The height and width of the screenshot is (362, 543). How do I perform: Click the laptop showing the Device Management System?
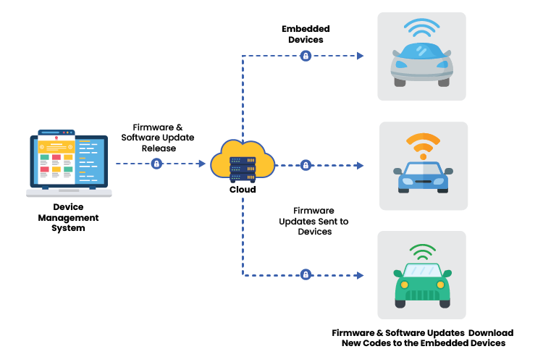tap(69, 163)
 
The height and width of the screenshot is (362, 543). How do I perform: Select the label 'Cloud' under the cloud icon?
tap(243, 190)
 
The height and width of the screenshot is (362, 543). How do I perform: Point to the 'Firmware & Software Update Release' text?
tap(158, 138)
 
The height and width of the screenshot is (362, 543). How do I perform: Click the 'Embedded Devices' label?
tap(306, 34)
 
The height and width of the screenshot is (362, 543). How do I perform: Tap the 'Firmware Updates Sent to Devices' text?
tap(314, 222)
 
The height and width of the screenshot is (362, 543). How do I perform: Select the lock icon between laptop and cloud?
tap(156, 164)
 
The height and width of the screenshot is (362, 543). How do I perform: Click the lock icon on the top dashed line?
tap(306, 56)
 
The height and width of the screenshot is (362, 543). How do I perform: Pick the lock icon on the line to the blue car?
tap(306, 165)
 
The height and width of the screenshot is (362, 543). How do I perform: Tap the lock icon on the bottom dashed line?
tap(306, 274)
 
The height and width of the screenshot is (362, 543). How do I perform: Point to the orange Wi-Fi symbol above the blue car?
tap(423, 143)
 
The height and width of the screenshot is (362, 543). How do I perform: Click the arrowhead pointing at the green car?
tap(360, 274)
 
